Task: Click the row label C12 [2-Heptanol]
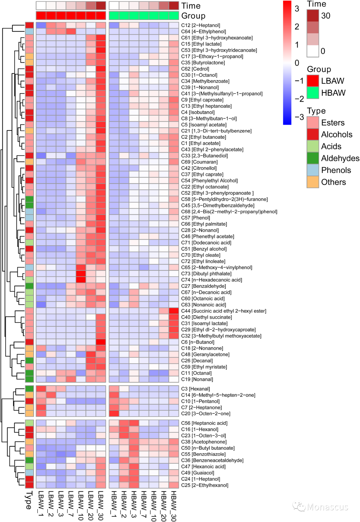coord(200,25)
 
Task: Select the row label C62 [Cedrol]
coord(195,69)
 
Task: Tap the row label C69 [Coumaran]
coord(199,162)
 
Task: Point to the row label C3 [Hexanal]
coord(195,389)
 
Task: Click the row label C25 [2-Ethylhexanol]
coord(205,485)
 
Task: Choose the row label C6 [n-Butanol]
coord(197,342)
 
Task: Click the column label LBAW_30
coord(101,505)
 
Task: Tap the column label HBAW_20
coord(164,505)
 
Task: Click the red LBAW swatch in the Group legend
coord(313,81)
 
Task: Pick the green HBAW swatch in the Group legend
coord(313,93)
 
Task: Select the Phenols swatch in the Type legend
coord(313,170)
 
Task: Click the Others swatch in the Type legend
coord(313,182)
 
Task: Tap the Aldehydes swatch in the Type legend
coord(313,158)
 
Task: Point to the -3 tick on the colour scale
coord(299,117)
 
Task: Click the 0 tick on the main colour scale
coord(297,63)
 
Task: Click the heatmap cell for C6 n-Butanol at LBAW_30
coord(101,342)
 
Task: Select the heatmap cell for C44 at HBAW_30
coord(174,311)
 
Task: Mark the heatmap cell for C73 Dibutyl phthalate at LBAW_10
coord(81,274)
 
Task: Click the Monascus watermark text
coord(327,507)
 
